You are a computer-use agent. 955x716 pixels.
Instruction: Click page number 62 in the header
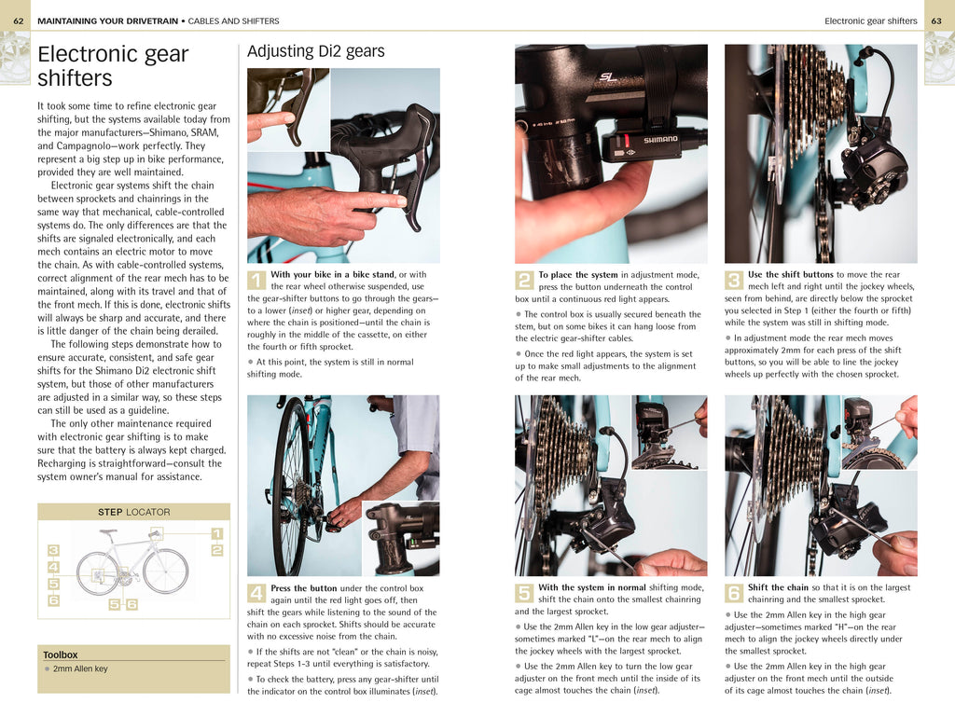(x=19, y=21)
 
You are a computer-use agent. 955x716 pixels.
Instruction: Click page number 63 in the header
(x=936, y=21)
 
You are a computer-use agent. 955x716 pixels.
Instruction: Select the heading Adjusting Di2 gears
(x=315, y=51)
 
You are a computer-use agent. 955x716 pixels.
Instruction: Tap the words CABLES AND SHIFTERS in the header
(x=233, y=21)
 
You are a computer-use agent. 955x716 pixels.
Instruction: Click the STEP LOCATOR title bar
(x=133, y=512)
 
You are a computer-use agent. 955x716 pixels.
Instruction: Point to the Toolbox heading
(x=61, y=654)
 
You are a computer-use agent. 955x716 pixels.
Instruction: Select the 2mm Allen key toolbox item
(x=80, y=668)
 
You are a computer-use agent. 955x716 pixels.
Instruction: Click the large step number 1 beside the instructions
(x=256, y=280)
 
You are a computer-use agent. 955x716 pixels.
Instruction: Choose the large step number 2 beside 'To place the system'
(x=524, y=280)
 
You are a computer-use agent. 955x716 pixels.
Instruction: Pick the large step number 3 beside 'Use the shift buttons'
(x=734, y=280)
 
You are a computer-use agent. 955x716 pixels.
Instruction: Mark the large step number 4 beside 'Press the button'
(x=256, y=593)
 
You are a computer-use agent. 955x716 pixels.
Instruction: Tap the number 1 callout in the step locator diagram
(x=216, y=533)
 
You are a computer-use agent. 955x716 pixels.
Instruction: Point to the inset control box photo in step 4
(x=400, y=538)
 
